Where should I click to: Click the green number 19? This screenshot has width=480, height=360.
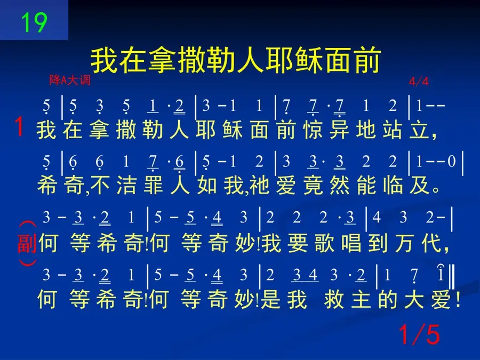34,22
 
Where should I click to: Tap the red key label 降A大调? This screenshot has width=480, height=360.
70,80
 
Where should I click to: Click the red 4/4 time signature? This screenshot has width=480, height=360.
419,81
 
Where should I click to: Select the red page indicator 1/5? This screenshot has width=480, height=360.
419,334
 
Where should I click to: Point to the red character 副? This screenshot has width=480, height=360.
27,243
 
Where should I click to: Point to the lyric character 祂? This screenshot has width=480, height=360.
259,185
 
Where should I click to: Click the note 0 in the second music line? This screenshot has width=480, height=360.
452,161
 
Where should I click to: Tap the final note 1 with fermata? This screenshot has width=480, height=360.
441,273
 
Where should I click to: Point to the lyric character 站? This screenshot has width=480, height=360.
393,130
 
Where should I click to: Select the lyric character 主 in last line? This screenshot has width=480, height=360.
361,299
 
